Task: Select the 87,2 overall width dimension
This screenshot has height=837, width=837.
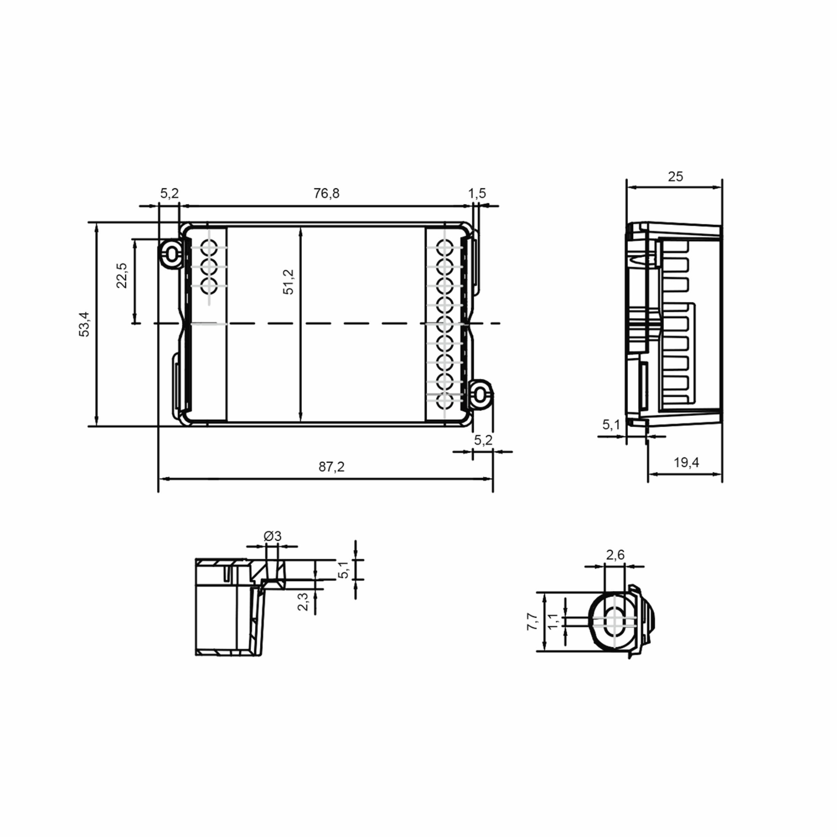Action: [x=331, y=467]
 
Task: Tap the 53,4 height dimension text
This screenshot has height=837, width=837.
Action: [x=84, y=324]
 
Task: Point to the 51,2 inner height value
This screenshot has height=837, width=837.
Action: [x=288, y=282]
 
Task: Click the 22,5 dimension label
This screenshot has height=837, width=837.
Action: [x=122, y=276]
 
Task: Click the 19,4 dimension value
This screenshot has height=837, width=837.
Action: [x=686, y=463]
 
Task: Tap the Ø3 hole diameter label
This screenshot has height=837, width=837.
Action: [x=272, y=536]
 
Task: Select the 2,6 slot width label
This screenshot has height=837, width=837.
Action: [x=615, y=555]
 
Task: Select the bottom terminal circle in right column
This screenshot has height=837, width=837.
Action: [x=445, y=401]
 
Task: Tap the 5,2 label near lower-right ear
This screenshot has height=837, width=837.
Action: [x=483, y=440]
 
